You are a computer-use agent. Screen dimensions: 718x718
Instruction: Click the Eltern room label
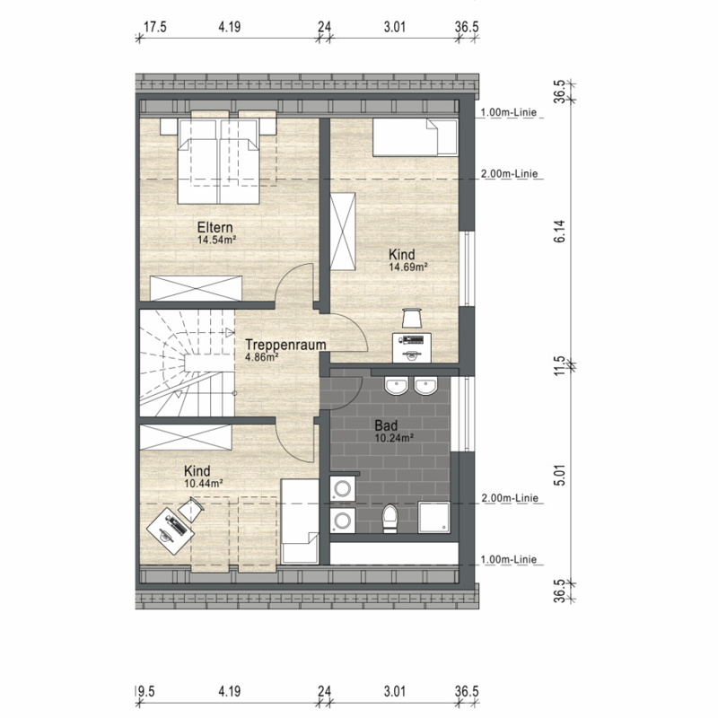click(215, 227)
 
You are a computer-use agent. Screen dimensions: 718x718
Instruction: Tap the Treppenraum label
click(285, 345)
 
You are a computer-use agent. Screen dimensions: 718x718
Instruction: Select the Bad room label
click(386, 425)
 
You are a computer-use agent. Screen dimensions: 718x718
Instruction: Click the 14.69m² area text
click(408, 267)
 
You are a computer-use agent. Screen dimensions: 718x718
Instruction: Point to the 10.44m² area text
click(204, 483)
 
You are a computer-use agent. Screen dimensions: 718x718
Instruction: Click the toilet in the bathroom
click(390, 519)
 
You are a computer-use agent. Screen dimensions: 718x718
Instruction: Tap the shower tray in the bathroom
click(433, 517)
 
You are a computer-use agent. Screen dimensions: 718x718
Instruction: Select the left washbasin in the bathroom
click(396, 386)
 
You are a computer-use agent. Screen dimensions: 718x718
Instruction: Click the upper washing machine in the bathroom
click(343, 489)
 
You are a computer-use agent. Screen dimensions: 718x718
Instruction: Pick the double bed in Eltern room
click(219, 162)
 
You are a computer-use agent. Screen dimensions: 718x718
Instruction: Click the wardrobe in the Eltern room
click(196, 288)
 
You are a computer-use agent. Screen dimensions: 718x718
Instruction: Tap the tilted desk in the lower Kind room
click(171, 530)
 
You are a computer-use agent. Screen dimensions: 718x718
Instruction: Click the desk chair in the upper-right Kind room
click(412, 318)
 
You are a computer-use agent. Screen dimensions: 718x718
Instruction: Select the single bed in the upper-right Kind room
click(416, 137)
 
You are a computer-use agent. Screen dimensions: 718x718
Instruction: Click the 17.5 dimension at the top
click(154, 27)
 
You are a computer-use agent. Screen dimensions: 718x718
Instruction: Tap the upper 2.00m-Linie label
click(509, 173)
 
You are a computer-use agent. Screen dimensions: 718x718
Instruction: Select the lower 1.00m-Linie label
click(508, 559)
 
